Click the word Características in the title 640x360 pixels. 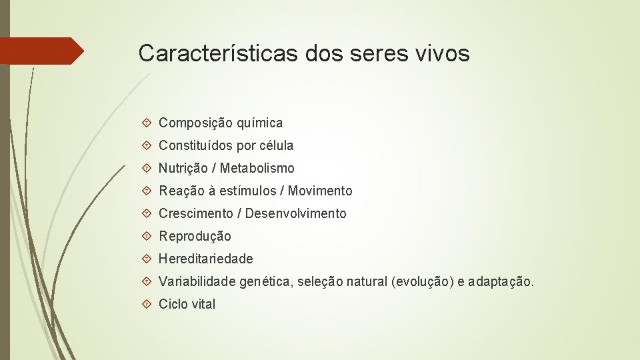[x=219, y=53]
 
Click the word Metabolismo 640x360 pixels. [x=257, y=168]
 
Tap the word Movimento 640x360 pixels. [x=321, y=191]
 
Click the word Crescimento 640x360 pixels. [x=196, y=213]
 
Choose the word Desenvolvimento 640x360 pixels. [x=296, y=213]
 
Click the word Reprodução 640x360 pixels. [x=195, y=236]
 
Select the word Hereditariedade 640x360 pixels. [x=206, y=259]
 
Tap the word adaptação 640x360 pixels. [x=501, y=282]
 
